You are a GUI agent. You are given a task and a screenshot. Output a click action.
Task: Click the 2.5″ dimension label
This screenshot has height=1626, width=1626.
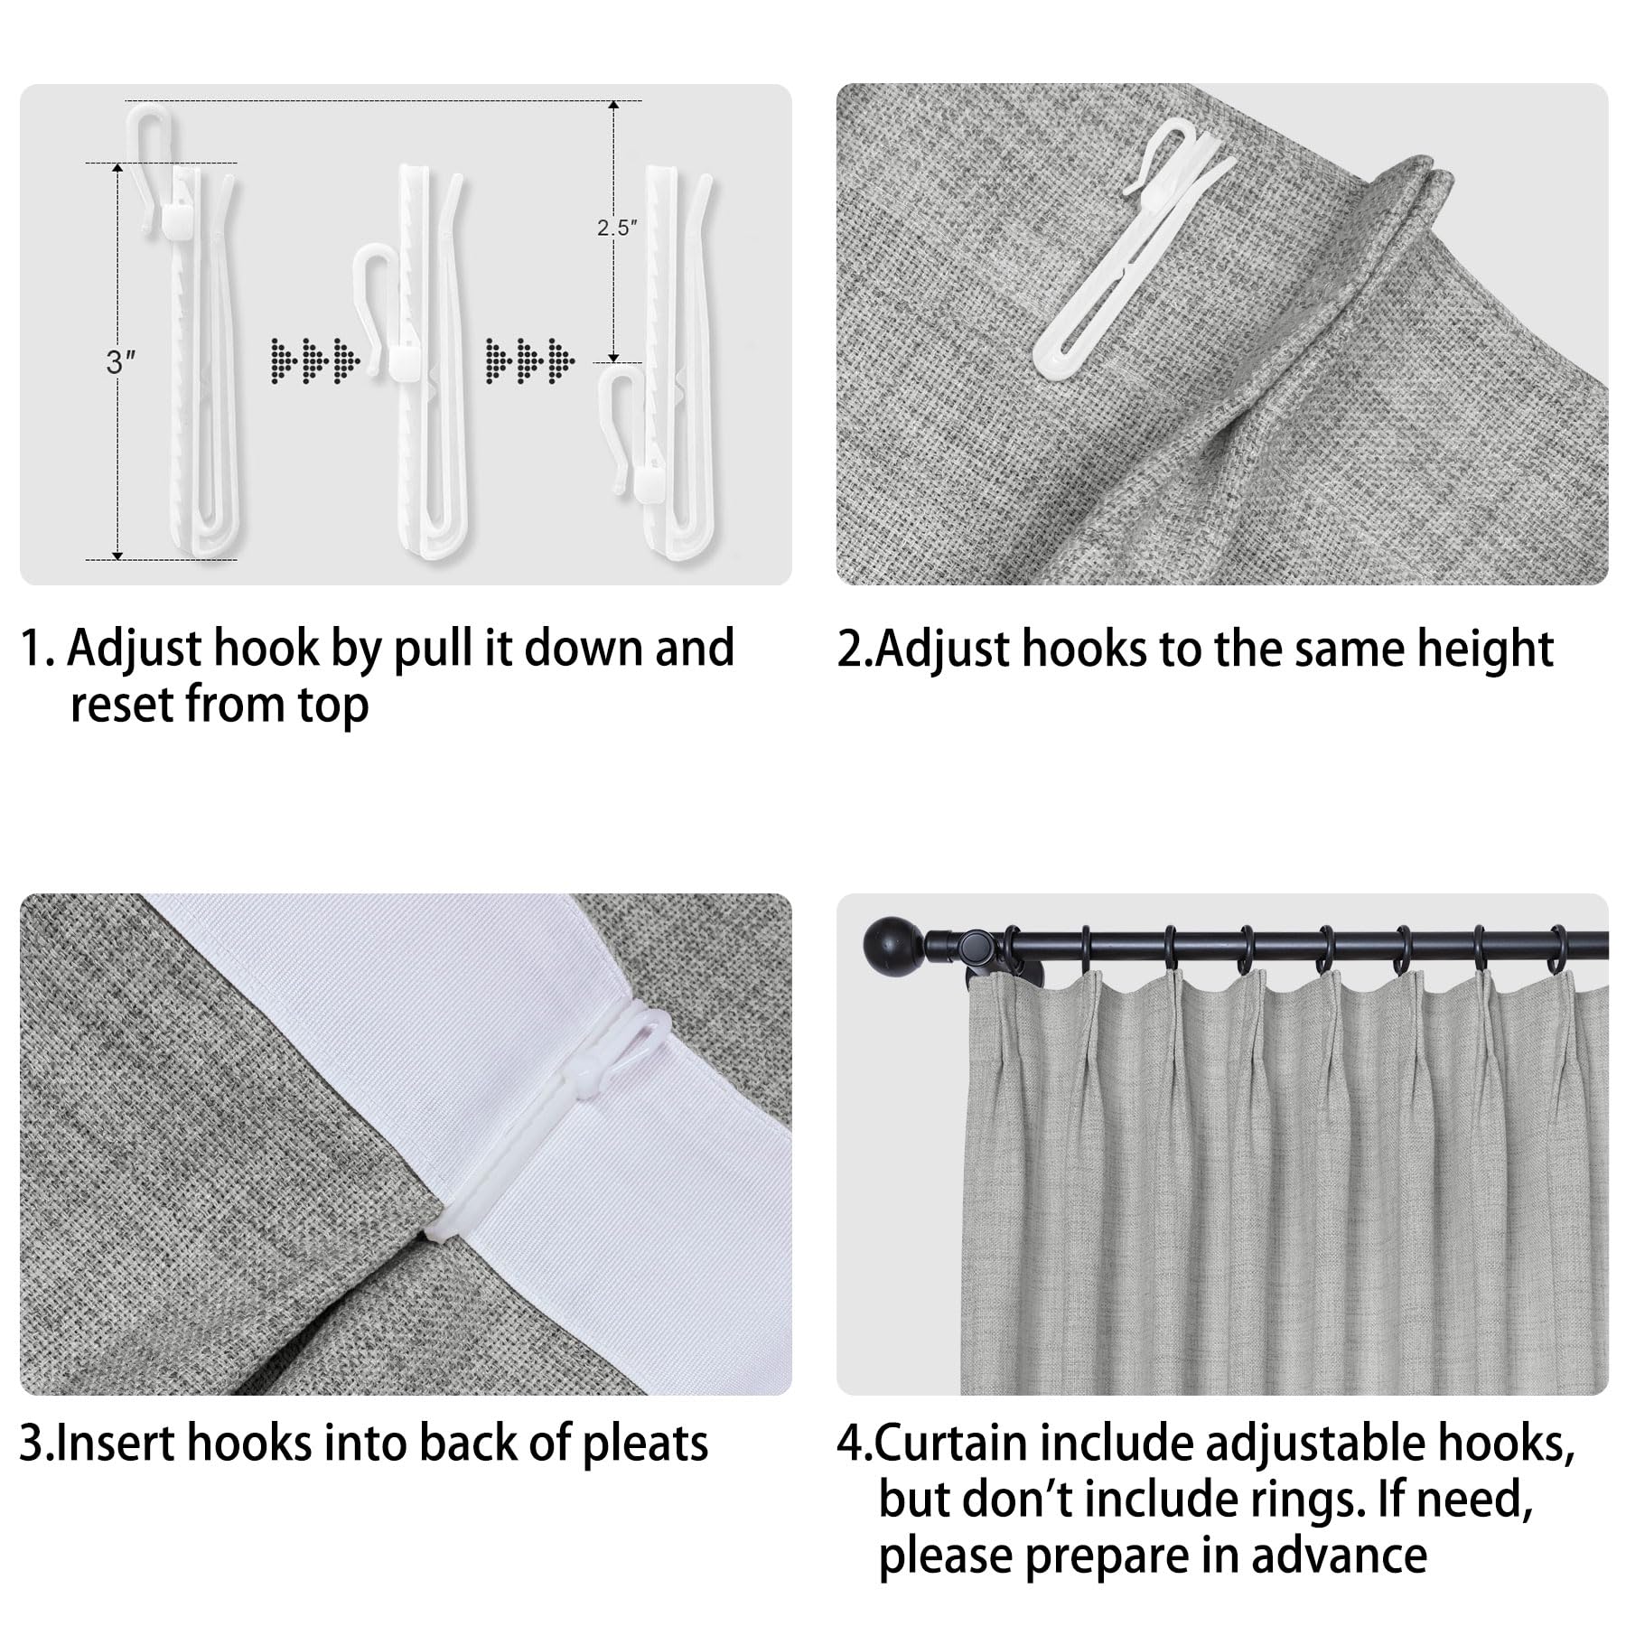[x=618, y=228]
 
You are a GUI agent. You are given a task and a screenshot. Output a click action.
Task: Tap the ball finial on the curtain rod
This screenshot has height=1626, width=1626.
[x=890, y=945]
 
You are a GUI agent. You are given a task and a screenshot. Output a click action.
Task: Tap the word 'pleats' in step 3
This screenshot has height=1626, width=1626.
[x=645, y=1444]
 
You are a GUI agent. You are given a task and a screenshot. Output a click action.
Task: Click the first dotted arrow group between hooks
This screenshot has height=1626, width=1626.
[x=315, y=360]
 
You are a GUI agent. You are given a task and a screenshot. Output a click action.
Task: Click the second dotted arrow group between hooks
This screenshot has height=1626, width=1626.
[x=529, y=360]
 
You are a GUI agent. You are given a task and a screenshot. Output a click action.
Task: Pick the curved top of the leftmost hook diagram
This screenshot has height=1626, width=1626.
[x=149, y=117]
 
